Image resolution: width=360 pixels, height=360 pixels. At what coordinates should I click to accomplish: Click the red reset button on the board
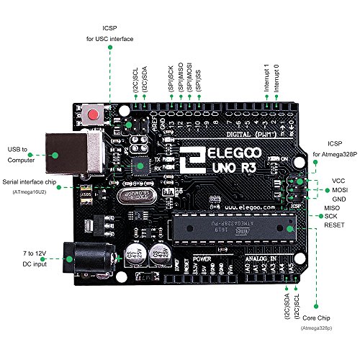[91, 115]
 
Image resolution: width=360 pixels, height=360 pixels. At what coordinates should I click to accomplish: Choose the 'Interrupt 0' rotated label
[276, 77]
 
